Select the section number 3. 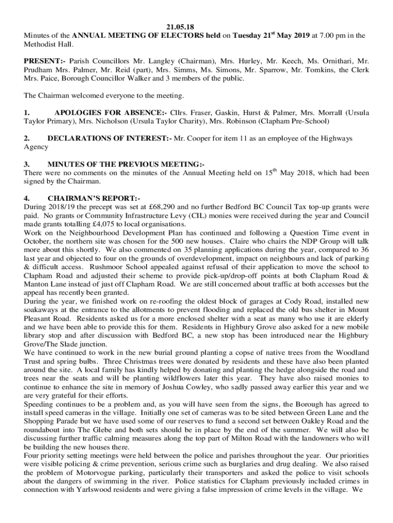[x=27, y=164]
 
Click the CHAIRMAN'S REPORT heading [x=93, y=199]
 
